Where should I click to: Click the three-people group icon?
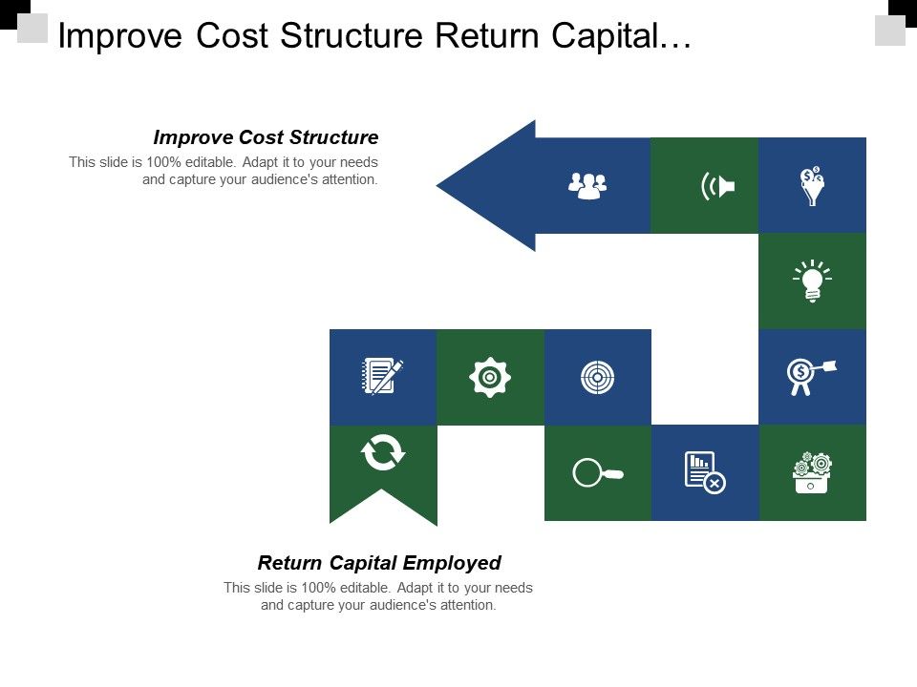click(586, 185)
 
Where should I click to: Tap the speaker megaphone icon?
click(717, 186)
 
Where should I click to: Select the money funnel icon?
click(812, 186)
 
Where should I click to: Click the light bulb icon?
click(812, 281)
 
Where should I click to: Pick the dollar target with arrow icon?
click(809, 375)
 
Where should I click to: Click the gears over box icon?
click(812, 472)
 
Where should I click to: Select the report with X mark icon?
click(705, 472)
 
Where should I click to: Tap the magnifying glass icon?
click(597, 472)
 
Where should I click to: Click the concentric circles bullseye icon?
click(597, 377)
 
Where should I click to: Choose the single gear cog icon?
click(490, 377)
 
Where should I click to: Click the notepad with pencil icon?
click(382, 376)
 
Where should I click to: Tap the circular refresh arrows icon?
click(383, 452)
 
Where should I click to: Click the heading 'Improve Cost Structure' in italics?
click(266, 136)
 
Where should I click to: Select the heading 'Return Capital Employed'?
click(379, 562)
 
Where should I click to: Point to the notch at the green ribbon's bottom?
click(383, 493)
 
